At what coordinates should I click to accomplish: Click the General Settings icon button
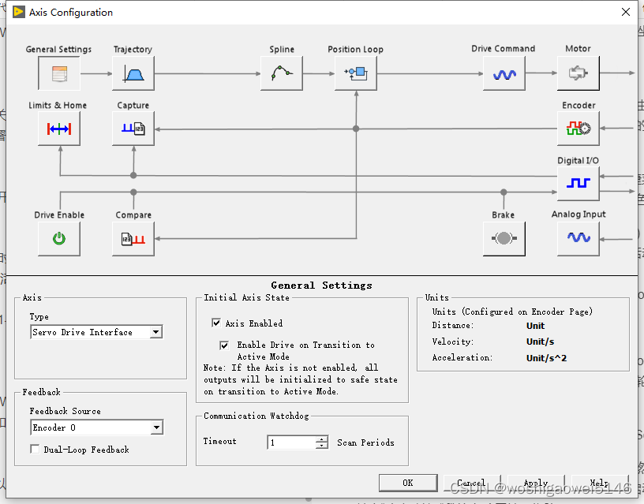59,74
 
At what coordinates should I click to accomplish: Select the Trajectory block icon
133,74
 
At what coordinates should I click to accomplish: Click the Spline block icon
282,74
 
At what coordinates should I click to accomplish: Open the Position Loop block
355,74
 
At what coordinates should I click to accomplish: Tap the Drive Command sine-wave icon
504,74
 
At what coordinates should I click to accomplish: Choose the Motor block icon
578,74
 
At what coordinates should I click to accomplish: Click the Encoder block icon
578,129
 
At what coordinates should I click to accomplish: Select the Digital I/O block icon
578,183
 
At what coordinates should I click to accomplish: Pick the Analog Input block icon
578,237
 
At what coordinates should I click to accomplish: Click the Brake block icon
504,238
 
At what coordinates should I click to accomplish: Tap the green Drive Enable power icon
59,238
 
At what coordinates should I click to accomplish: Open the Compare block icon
133,238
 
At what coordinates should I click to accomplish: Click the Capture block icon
133,129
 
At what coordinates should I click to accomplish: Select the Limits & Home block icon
59,129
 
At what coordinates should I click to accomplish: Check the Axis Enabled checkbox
216,323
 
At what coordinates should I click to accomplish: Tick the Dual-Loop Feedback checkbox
35,450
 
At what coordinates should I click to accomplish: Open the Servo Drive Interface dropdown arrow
155,333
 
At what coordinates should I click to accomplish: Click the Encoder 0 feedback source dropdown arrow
156,427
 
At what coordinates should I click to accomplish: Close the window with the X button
625,12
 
